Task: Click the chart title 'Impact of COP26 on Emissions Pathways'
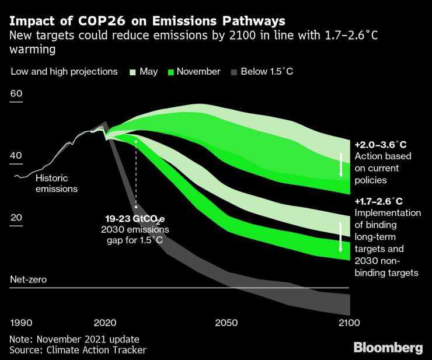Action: pos(148,22)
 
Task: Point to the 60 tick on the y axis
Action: pos(16,94)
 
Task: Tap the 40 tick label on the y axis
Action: pos(16,156)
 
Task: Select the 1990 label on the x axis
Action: pos(22,323)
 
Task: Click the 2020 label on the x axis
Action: pos(105,323)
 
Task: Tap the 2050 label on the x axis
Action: pos(227,323)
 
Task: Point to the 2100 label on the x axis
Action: pos(349,323)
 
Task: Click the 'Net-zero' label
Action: pos(28,279)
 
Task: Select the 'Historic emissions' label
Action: pos(57,183)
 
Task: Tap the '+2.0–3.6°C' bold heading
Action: pos(380,144)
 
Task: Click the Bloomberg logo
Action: pos(388,347)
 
